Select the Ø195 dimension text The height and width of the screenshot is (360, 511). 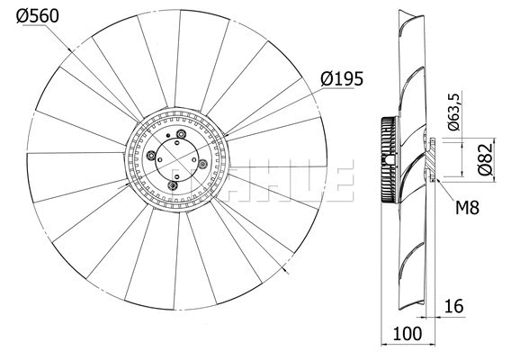341,79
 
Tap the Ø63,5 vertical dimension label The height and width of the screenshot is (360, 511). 454,112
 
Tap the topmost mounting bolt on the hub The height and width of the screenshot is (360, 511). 183,136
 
